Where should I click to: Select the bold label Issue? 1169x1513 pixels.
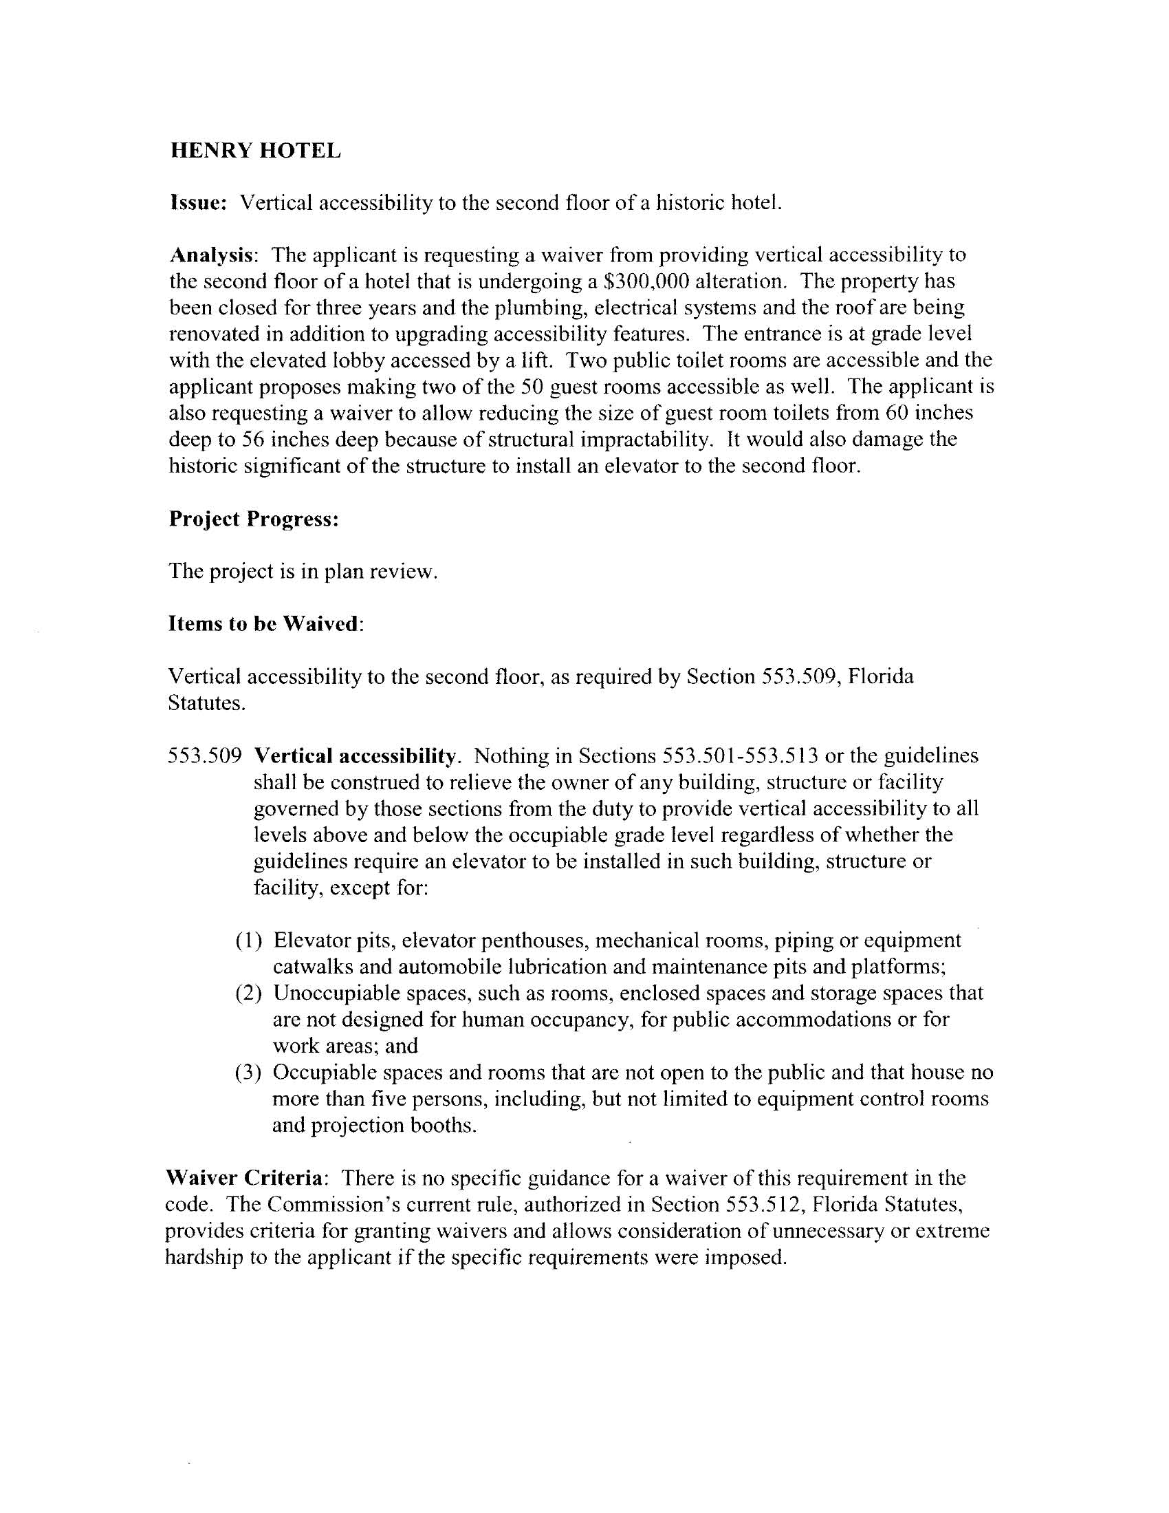(198, 203)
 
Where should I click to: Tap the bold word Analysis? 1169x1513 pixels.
(210, 256)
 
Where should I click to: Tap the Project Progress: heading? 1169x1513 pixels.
(254, 519)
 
